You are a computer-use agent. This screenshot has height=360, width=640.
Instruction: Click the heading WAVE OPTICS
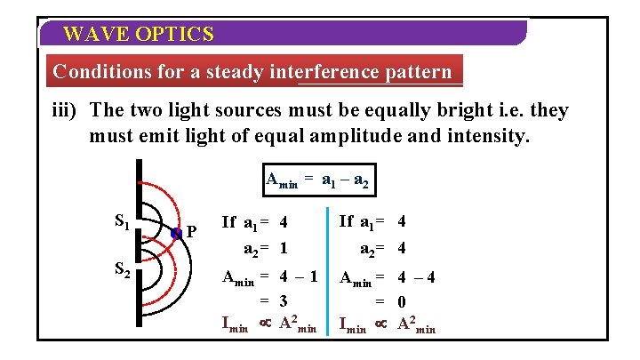(139, 35)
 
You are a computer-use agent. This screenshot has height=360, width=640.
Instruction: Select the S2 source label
(124, 271)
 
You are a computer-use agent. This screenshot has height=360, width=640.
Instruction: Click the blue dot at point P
(178, 233)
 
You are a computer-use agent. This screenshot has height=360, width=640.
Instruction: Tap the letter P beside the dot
(191, 234)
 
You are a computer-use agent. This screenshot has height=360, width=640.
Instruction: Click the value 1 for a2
(282, 246)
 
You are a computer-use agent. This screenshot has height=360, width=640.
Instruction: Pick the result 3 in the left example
(282, 300)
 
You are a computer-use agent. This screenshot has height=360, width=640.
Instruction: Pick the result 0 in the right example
(401, 300)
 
